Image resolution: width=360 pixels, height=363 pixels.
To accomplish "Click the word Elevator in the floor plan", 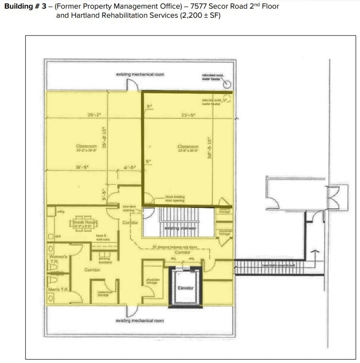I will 185,288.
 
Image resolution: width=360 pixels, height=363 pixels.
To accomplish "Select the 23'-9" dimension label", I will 186,115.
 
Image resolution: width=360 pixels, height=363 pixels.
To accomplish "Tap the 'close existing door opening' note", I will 175,199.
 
